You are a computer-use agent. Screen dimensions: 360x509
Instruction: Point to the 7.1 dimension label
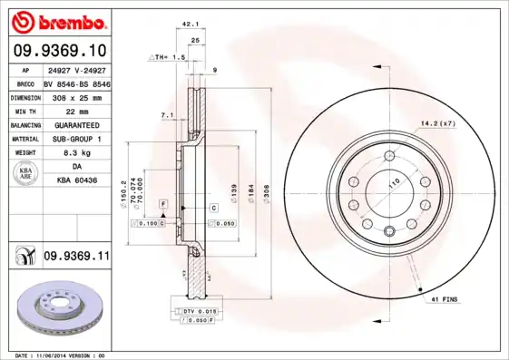(166, 115)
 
